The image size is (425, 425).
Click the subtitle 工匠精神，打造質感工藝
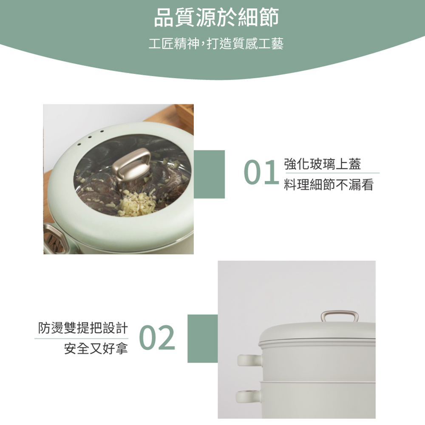tap(216, 44)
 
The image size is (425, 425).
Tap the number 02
tap(157, 338)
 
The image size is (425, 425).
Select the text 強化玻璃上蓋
tap(323, 164)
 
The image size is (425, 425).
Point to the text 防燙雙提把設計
tap(82, 328)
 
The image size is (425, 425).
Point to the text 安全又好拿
tap(96, 349)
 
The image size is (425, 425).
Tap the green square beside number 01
tap(209, 174)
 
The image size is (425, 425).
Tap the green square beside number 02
tap(202, 339)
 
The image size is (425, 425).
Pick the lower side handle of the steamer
tap(249, 396)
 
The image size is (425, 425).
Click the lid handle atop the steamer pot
tap(339, 317)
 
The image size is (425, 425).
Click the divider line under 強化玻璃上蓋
tap(332, 173)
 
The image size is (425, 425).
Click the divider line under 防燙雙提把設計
tap(82, 339)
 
